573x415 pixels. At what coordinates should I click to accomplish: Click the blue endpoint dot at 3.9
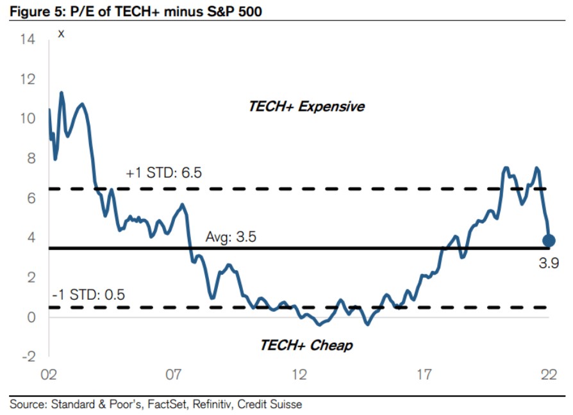(x=549, y=241)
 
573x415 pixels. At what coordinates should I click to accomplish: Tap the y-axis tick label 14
(x=28, y=40)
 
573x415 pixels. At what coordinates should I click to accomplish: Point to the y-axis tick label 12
(x=28, y=79)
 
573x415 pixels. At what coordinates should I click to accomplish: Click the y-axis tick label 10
(x=28, y=119)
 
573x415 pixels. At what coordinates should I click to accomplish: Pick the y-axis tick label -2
(x=29, y=356)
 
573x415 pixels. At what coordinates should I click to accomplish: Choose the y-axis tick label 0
(x=31, y=316)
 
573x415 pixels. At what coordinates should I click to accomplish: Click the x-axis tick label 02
(x=50, y=375)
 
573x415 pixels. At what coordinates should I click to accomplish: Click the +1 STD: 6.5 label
(x=164, y=173)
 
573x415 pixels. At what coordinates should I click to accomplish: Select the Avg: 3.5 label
(x=231, y=237)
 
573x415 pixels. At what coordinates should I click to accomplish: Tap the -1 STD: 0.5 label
(x=88, y=295)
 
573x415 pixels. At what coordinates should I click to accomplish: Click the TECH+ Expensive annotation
(x=306, y=106)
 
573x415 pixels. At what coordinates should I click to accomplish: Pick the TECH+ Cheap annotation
(x=306, y=345)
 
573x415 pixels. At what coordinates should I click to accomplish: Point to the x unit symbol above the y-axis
(x=62, y=33)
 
